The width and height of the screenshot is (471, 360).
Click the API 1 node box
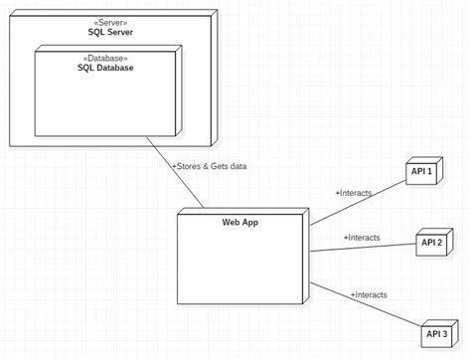[421, 172]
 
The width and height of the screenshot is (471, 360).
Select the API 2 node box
[431, 242]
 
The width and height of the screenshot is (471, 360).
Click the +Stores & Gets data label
[209, 166]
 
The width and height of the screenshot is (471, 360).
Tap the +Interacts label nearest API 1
[355, 192]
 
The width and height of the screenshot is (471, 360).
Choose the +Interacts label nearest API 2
[361, 238]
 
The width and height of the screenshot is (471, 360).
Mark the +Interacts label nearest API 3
[369, 294]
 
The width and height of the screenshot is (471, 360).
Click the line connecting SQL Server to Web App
[176, 172]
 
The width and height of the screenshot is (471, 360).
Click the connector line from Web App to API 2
[363, 248]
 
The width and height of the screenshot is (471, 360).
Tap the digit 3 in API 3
[443, 334]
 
